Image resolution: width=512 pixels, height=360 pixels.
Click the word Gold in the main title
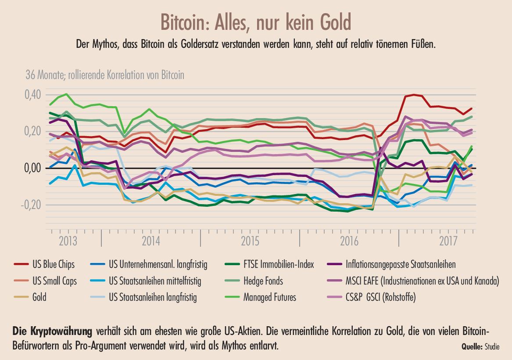(x=333, y=21)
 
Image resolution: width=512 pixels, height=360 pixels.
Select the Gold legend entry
(x=39, y=297)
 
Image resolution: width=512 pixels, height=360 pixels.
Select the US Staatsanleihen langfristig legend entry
(x=152, y=297)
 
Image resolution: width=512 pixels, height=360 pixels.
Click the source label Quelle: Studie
(x=480, y=346)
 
